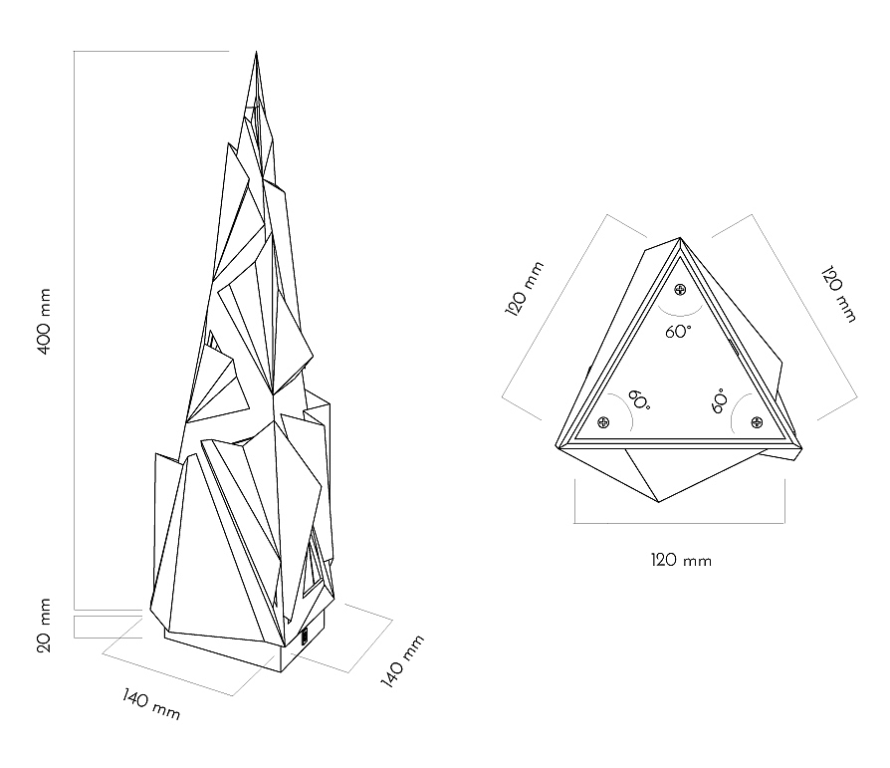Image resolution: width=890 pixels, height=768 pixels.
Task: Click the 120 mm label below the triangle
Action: [682, 560]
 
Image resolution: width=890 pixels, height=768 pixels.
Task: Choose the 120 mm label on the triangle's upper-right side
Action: [836, 293]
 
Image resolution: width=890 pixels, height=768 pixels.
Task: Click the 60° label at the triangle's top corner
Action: [679, 332]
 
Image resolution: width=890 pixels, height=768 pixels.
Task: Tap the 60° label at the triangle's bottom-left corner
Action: [639, 401]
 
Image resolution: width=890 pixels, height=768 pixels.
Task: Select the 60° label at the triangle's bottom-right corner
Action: [719, 401]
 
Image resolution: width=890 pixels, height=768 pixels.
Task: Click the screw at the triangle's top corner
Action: [680, 290]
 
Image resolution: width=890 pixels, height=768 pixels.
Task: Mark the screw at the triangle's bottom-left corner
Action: [603, 422]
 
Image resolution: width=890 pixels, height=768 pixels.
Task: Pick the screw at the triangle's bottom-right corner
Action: [757, 422]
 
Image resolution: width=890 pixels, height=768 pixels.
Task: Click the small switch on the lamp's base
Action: [305, 635]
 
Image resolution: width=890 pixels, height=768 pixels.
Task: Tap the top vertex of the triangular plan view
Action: [680, 238]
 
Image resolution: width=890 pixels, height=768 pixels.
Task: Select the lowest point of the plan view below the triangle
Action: [659, 502]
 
